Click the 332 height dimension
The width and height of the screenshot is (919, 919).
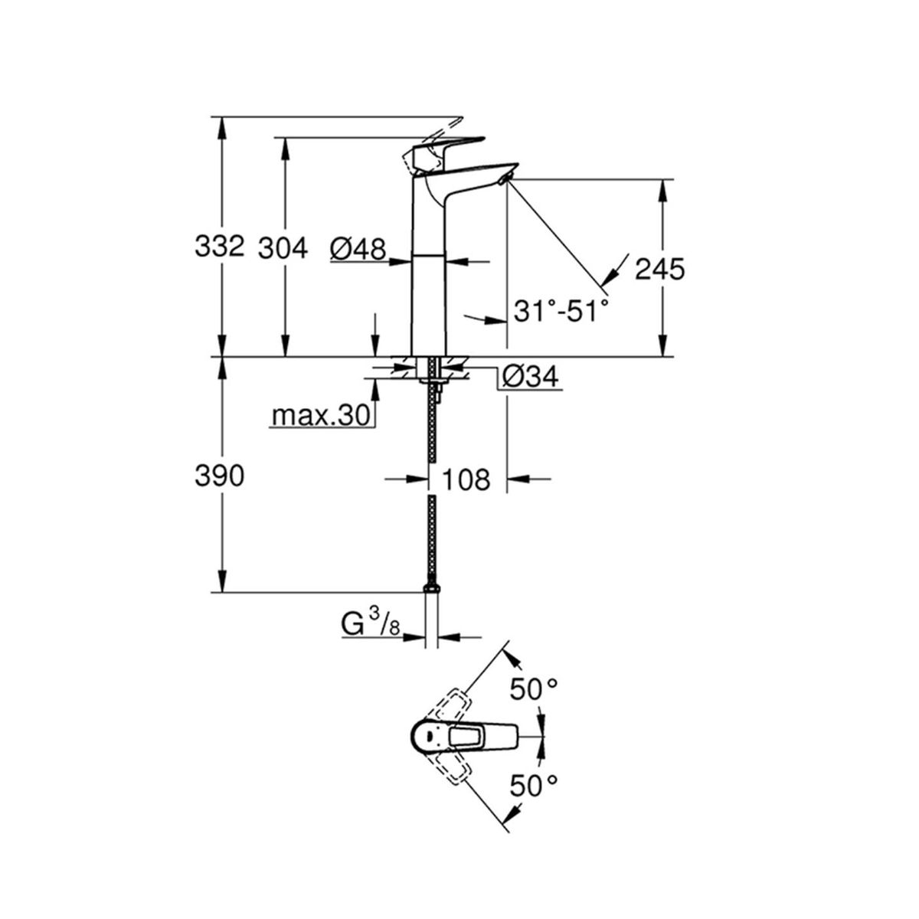coord(219,247)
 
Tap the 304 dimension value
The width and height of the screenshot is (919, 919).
coord(283,248)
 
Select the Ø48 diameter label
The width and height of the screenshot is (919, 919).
coord(358,249)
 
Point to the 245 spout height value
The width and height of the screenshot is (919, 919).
coord(660,270)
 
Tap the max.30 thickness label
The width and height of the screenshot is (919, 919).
coord(320,415)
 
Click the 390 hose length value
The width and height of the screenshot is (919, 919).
coord(219,476)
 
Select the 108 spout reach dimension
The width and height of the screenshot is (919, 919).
coord(466,479)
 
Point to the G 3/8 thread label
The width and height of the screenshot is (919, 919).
coord(371,626)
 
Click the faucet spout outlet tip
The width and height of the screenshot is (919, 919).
coord(505,178)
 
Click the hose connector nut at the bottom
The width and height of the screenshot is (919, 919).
coord(431,588)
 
